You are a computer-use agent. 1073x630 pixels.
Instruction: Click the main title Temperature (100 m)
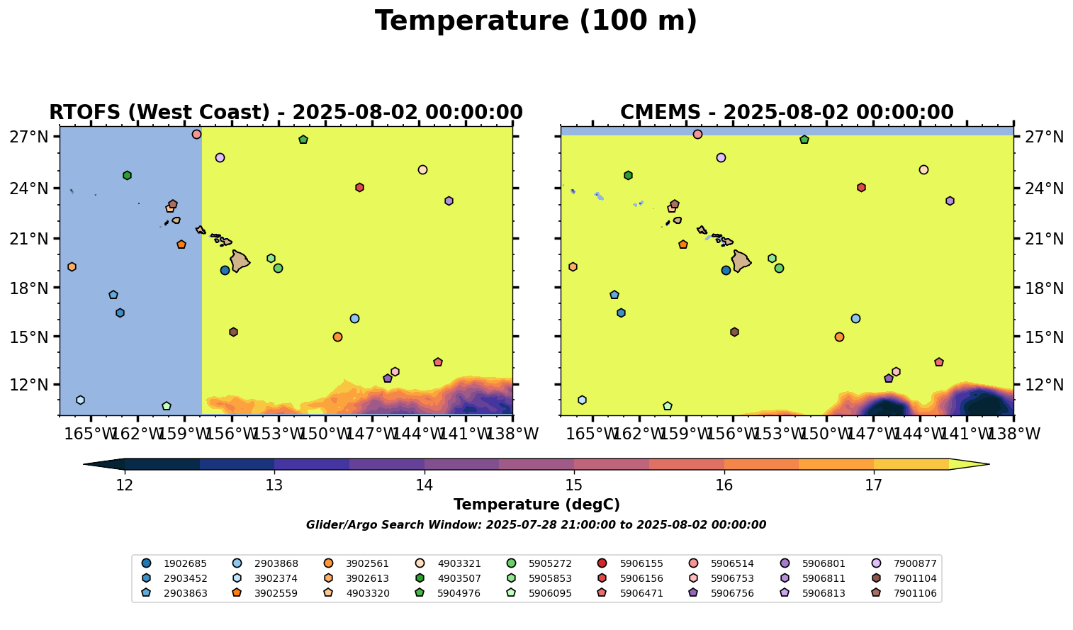tap(536, 21)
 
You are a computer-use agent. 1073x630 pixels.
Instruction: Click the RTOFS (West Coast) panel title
tap(286, 113)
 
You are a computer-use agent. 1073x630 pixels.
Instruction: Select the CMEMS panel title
tap(787, 113)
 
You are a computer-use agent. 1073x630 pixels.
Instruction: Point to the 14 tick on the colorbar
tap(425, 485)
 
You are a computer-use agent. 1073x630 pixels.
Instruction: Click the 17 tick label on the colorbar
tap(874, 485)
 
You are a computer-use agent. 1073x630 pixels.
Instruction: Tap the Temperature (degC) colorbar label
tap(536, 505)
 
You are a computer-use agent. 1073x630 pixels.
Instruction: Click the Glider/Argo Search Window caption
tap(536, 525)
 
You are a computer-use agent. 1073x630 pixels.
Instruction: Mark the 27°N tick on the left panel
tap(28, 137)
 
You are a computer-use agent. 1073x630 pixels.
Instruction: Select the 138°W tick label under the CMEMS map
tap(1013, 434)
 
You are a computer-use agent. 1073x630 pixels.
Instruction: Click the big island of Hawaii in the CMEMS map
tap(741, 261)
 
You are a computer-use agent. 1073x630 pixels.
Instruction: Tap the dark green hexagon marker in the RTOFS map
tap(127, 175)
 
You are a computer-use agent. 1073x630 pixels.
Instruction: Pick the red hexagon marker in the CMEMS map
tap(861, 188)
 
